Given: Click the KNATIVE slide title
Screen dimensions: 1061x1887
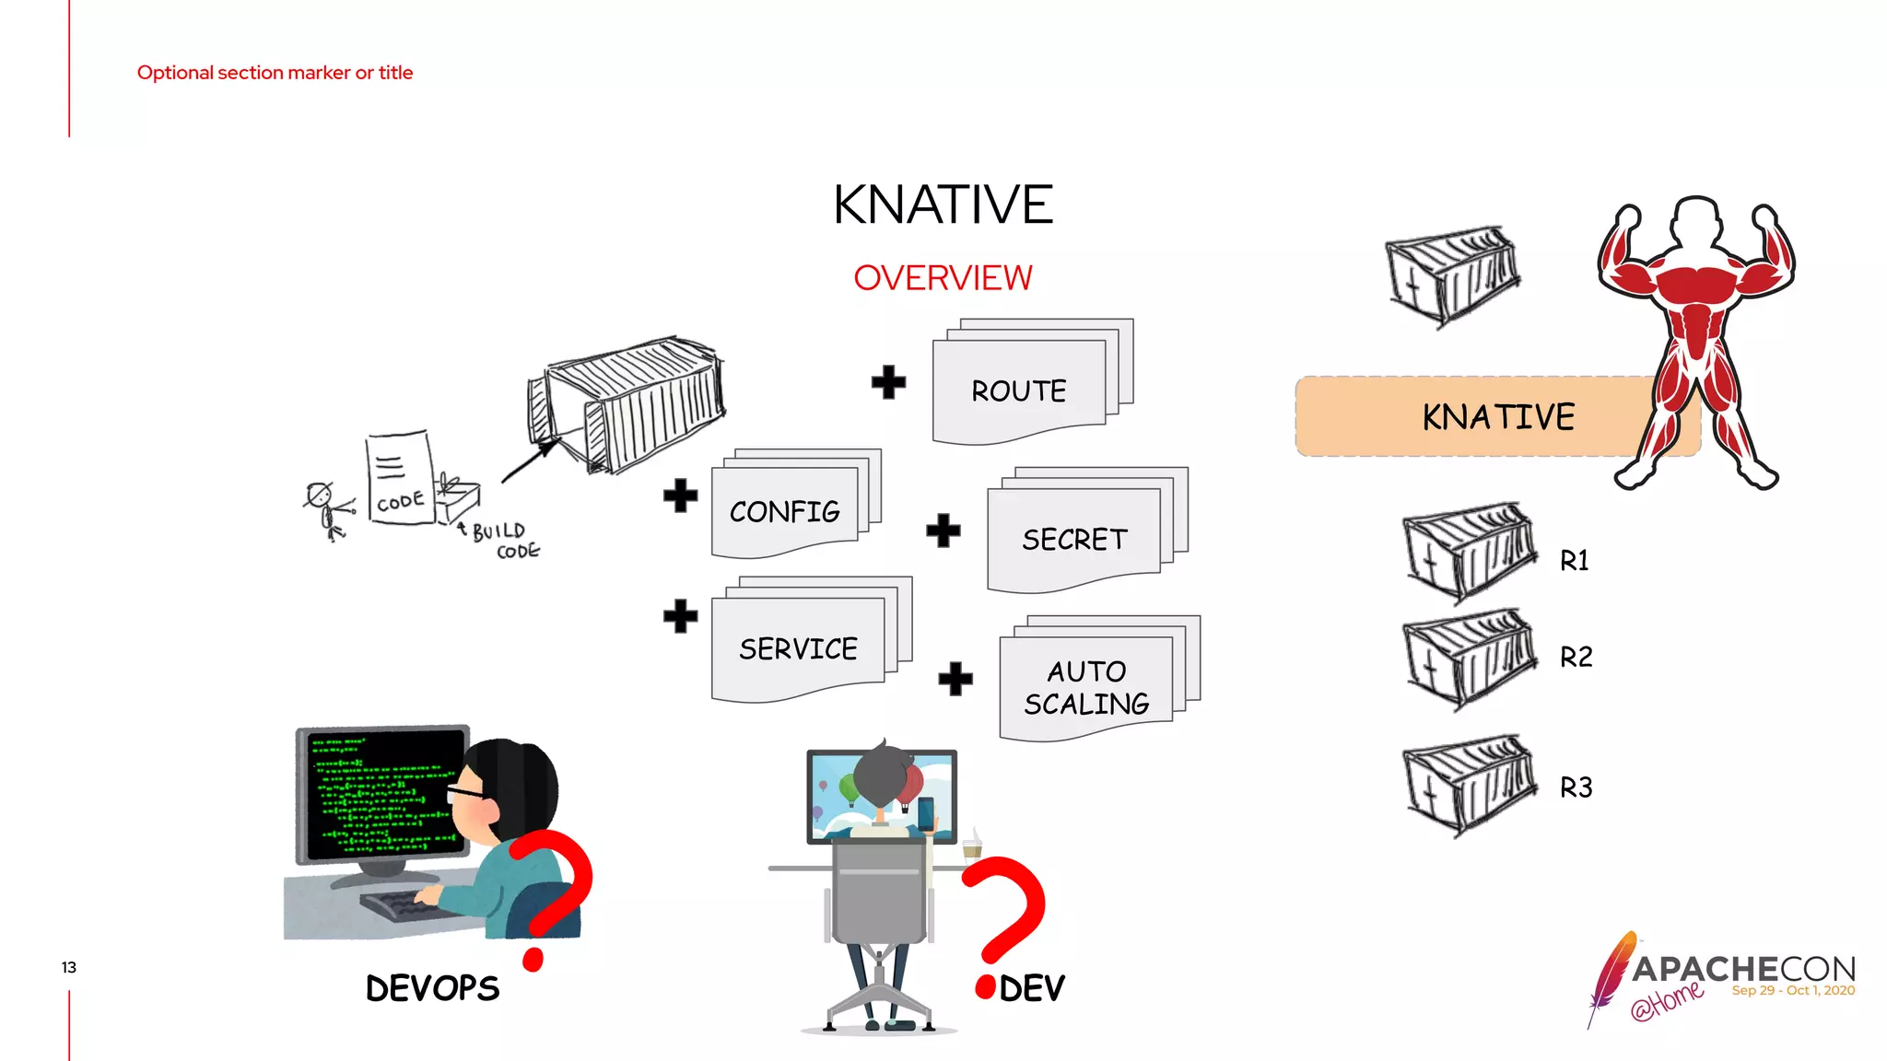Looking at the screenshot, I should tap(943, 204).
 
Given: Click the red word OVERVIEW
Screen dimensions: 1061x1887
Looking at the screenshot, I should tap(943, 278).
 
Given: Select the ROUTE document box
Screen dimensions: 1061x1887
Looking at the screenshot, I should tap(1019, 391).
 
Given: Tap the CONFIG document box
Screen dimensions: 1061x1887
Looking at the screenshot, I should tap(785, 511).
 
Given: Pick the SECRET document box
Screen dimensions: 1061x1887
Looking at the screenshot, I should tap(1074, 539).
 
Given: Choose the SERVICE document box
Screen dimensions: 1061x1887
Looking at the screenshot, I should tap(798, 648).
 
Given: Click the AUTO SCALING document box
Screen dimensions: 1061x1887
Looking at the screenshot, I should tap(1086, 687).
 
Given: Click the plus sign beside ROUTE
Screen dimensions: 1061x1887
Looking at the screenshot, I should tap(888, 382).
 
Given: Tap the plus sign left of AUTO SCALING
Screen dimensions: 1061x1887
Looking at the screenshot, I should tap(955, 680).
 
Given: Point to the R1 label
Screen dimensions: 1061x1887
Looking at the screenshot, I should tap(1575, 561).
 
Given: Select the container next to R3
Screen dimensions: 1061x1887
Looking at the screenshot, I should tap(1470, 786).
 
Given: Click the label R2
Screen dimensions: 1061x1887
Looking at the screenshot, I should tap(1576, 658).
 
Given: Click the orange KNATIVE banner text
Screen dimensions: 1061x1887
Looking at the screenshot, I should tap(1498, 417).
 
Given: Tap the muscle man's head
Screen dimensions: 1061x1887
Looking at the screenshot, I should tap(1696, 222).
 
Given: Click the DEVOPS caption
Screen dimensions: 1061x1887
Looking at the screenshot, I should tap(432, 988).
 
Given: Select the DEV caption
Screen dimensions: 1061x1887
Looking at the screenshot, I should tap(1032, 989).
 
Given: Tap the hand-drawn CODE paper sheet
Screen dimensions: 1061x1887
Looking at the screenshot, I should tap(400, 479).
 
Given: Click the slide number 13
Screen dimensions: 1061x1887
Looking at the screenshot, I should tap(69, 967).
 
